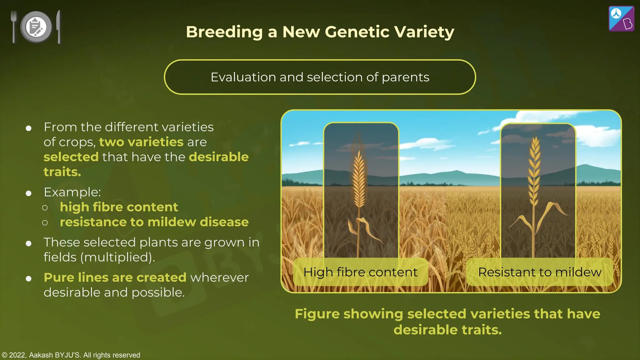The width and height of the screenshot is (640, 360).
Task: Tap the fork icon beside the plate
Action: (13, 27)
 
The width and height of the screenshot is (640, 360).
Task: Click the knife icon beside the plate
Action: (58, 27)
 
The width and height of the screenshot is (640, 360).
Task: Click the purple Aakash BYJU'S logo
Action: (621, 19)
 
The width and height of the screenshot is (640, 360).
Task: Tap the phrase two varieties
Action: (141, 142)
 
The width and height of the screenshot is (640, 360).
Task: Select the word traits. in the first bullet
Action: (62, 172)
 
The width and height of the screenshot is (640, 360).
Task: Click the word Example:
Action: (72, 192)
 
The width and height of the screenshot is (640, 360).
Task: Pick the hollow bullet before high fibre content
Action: (45, 208)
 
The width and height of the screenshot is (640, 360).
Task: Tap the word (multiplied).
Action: (117, 257)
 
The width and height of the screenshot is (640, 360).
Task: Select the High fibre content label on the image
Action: (360, 272)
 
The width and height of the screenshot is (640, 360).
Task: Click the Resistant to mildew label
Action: (539, 272)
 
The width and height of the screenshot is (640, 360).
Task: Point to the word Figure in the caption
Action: (317, 314)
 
